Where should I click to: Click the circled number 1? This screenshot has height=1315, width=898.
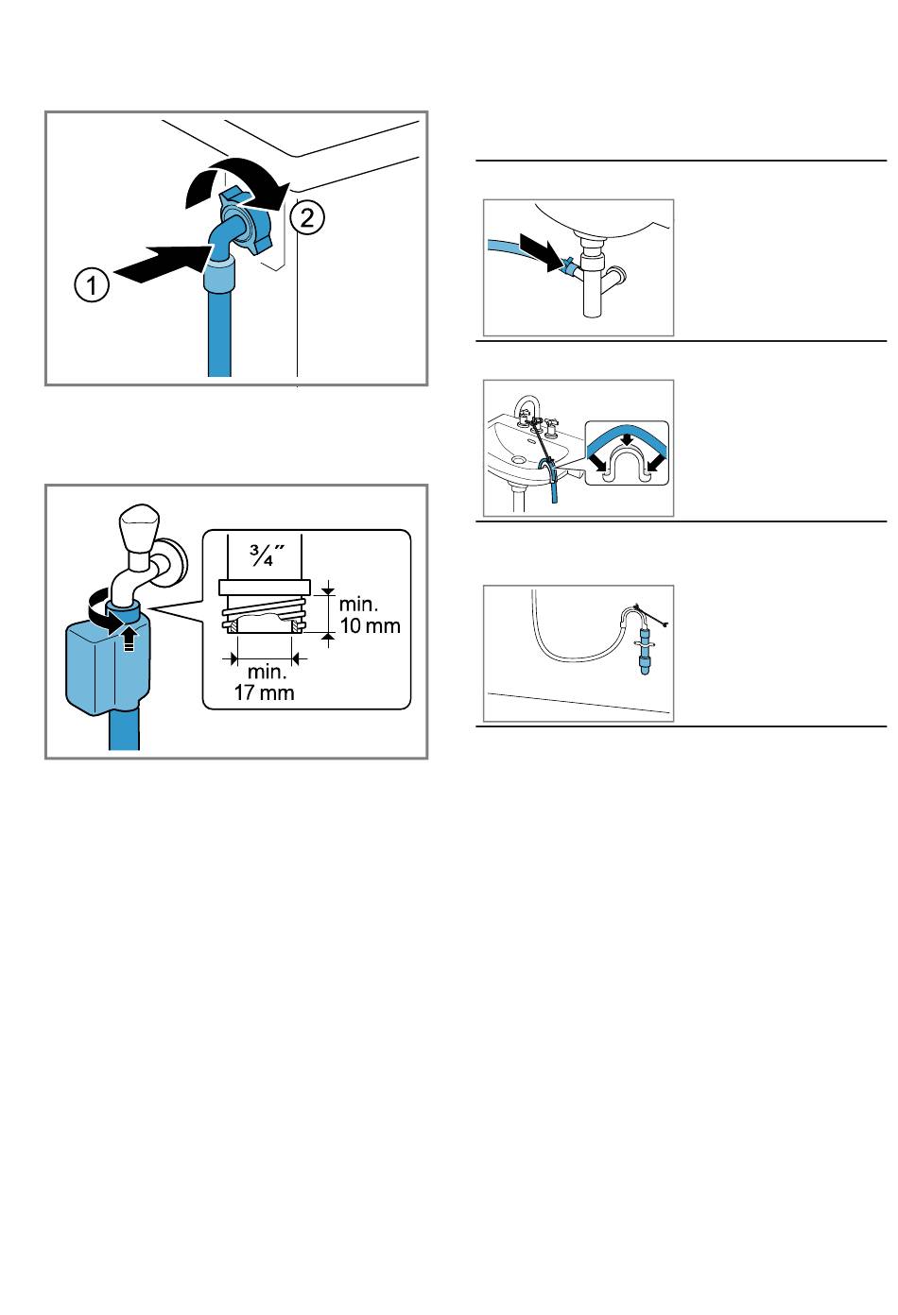[92, 285]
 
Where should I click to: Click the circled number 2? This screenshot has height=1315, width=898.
[307, 218]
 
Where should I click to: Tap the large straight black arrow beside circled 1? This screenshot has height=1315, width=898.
[162, 264]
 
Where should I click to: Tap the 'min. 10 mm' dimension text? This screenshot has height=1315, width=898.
[370, 615]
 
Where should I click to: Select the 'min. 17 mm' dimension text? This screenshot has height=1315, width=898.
[265, 682]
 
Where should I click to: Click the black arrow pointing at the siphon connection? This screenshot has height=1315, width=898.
[541, 251]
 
